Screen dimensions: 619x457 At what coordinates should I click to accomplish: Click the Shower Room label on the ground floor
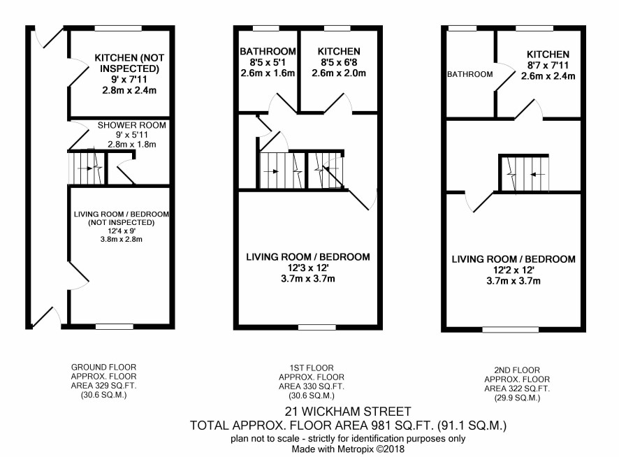coord(132,125)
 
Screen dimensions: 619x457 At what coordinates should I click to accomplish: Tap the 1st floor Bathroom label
coord(268,51)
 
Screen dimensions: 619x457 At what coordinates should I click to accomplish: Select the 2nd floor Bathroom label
coord(469,74)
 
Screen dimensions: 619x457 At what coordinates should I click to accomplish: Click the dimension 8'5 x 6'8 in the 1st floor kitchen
coord(339,62)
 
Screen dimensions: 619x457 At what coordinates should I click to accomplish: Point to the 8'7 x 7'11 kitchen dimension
coord(548,65)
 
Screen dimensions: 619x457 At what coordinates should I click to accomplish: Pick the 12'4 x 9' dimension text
coord(121,231)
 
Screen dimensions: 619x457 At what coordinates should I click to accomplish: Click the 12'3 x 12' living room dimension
coord(308,268)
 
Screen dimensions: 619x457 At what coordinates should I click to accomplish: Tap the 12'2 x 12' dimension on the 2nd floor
coord(514,270)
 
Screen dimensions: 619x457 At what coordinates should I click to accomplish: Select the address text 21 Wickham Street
coord(348,412)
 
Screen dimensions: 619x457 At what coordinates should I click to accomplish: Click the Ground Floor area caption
coord(104,381)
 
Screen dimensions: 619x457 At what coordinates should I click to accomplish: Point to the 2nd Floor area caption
coord(517,384)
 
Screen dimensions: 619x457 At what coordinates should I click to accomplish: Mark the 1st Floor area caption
coord(312,382)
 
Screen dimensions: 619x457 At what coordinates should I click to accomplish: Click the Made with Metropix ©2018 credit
coord(348,449)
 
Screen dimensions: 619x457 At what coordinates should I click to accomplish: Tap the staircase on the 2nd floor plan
coord(524,173)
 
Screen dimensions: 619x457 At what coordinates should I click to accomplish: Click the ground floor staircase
coord(87,168)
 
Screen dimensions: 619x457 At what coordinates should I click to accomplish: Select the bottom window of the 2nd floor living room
coord(511,329)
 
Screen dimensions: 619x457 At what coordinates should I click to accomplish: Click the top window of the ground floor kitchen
coord(118,28)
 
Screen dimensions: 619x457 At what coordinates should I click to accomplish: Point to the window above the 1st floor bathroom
coord(265,28)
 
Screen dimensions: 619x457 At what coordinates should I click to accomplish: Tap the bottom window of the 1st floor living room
coord(317,327)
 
